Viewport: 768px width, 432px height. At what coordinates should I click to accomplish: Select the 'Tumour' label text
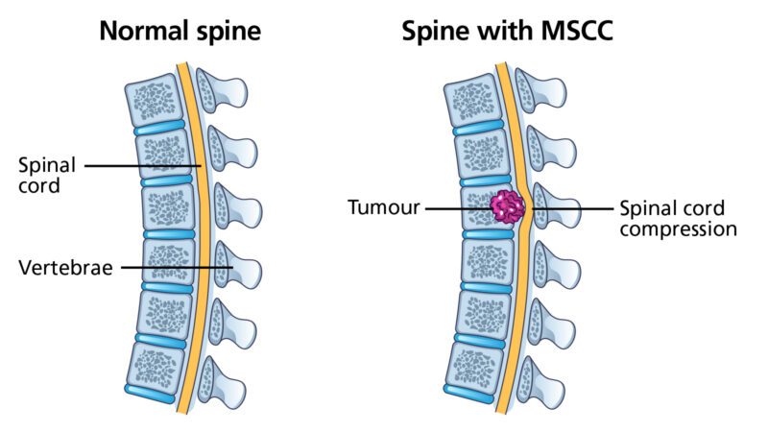[384, 207]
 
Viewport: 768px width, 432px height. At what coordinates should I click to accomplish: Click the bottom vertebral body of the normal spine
[154, 369]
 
